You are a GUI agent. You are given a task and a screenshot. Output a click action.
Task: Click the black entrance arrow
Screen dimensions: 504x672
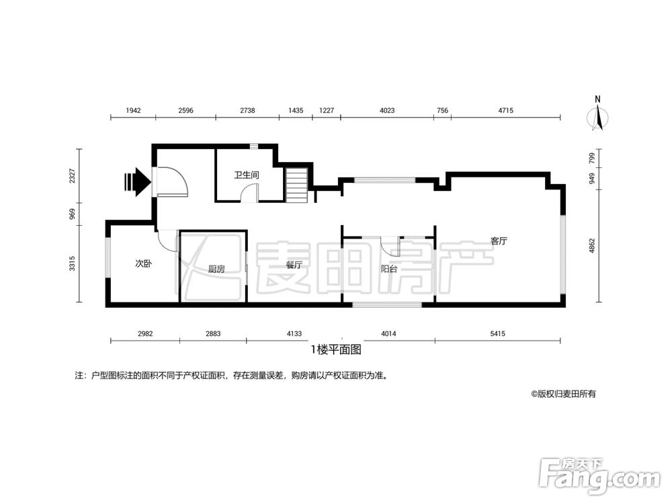137,181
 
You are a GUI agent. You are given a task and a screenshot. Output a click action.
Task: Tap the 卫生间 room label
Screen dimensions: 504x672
247,175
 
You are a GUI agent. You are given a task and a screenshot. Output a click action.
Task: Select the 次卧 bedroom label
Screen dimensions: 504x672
143,264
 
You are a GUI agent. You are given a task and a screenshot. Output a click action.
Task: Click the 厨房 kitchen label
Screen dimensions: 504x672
216,269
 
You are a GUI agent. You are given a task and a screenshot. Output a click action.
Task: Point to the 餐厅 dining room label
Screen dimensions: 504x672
294,265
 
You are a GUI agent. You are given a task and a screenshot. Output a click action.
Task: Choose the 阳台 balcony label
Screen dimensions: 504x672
388,269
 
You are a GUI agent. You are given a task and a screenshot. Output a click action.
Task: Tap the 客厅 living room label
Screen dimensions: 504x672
498,241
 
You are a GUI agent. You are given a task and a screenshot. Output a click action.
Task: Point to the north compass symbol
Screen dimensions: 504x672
597,114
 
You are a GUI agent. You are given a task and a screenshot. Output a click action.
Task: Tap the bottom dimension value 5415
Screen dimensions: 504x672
497,333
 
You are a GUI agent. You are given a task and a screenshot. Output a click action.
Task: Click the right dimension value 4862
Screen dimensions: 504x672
592,245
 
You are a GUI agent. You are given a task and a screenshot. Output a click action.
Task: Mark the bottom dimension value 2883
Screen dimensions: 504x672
212,333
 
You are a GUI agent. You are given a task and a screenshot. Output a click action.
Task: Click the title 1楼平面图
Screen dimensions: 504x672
336,349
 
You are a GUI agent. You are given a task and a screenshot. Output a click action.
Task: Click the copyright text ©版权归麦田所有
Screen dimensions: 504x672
563,394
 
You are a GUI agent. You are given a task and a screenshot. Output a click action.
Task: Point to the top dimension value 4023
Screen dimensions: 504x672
386,110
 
